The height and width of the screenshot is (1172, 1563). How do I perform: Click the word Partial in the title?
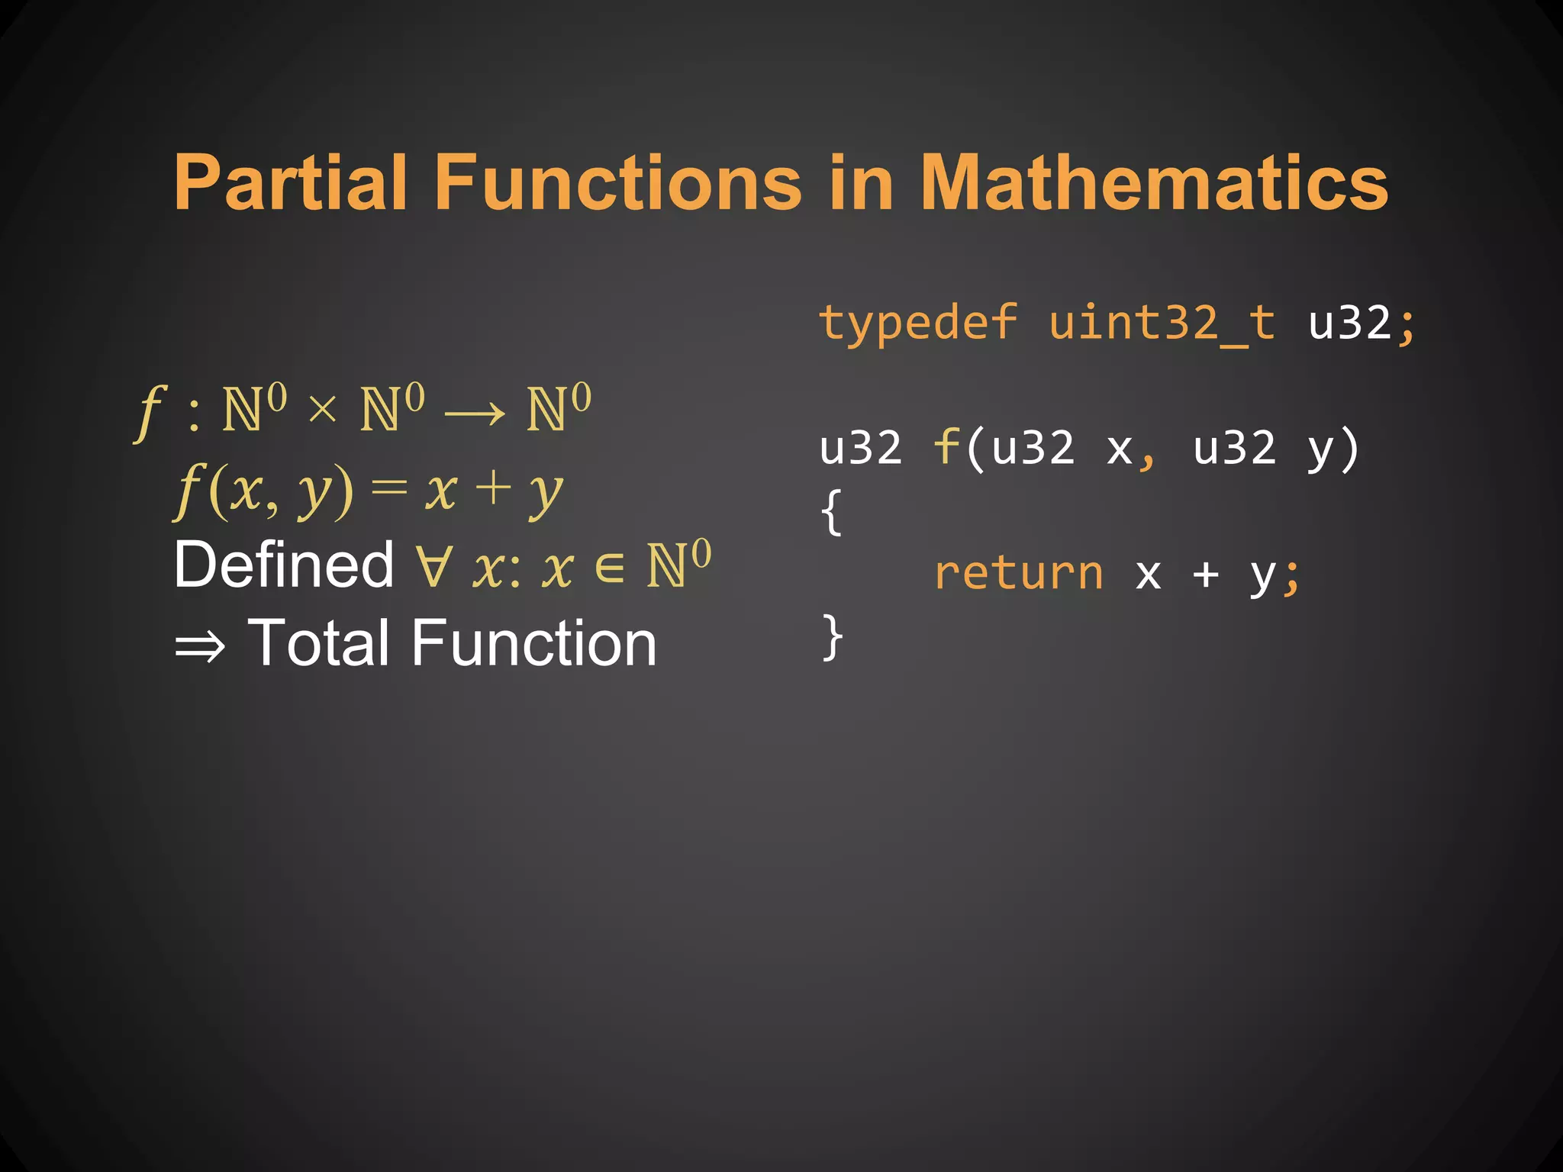click(289, 183)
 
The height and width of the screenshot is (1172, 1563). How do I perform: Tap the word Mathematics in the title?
click(1153, 183)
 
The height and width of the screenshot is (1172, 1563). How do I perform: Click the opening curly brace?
click(832, 512)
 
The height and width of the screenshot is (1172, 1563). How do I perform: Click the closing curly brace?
click(832, 637)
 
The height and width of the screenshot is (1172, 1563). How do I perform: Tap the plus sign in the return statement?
click(1205, 575)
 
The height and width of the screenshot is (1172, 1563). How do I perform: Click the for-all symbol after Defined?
click(433, 566)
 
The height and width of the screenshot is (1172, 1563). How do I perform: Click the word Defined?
click(283, 565)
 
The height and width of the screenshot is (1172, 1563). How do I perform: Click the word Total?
click(321, 643)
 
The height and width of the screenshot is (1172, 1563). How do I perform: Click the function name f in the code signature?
click(946, 447)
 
